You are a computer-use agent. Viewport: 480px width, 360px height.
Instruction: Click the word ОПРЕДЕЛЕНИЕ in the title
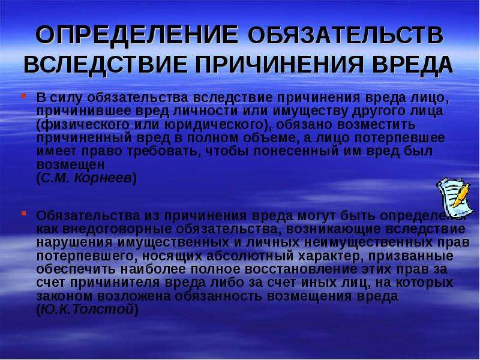click(x=137, y=35)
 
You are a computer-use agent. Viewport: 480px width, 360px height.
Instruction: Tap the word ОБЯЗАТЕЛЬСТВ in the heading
click(x=346, y=35)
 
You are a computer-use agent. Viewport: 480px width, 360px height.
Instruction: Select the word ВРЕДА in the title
click(x=413, y=64)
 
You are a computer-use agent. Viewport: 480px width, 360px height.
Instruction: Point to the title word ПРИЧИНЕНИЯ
click(x=280, y=64)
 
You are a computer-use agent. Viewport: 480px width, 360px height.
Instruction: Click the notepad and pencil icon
click(x=454, y=197)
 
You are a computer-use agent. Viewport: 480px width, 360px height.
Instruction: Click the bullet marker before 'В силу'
click(x=23, y=96)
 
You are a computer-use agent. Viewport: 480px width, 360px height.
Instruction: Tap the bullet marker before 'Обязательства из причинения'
click(x=23, y=214)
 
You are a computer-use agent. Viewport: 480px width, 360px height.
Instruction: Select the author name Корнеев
click(x=103, y=178)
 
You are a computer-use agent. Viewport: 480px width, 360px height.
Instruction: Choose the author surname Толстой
click(x=103, y=310)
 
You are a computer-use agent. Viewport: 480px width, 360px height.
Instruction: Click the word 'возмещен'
click(x=70, y=165)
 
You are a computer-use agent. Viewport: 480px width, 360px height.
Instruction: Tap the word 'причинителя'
click(x=115, y=283)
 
